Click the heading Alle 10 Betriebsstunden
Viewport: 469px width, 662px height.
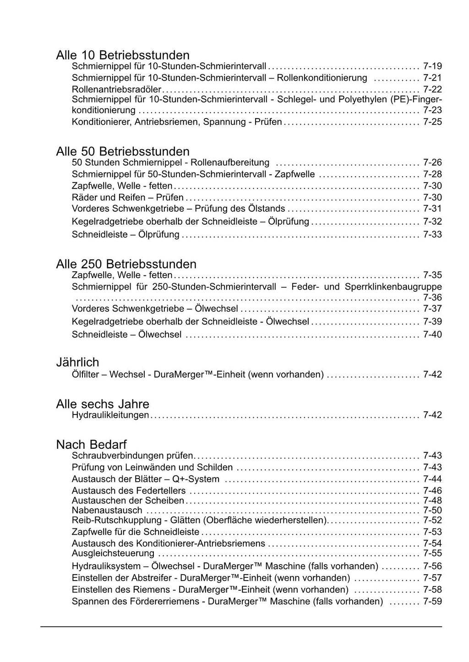[x=122, y=55]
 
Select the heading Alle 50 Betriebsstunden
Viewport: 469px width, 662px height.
[x=122, y=151]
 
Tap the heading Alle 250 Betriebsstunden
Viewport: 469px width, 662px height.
[x=126, y=264]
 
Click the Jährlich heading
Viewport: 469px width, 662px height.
[x=77, y=362]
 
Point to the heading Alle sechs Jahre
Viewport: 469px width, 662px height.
[x=103, y=404]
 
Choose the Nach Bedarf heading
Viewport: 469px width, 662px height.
[x=91, y=444]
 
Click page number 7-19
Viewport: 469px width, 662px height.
[x=432, y=66]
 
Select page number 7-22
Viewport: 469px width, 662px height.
[x=432, y=89]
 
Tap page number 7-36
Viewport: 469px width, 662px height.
[x=432, y=298]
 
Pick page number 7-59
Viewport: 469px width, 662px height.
[x=432, y=601]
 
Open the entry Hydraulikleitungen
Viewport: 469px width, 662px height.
[x=110, y=415]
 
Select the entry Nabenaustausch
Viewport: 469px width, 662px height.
[x=107, y=510]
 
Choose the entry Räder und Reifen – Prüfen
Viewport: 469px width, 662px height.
[x=127, y=198]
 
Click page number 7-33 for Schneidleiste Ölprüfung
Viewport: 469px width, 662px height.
[x=432, y=235]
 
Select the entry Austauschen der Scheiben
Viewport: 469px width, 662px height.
[x=128, y=501]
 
